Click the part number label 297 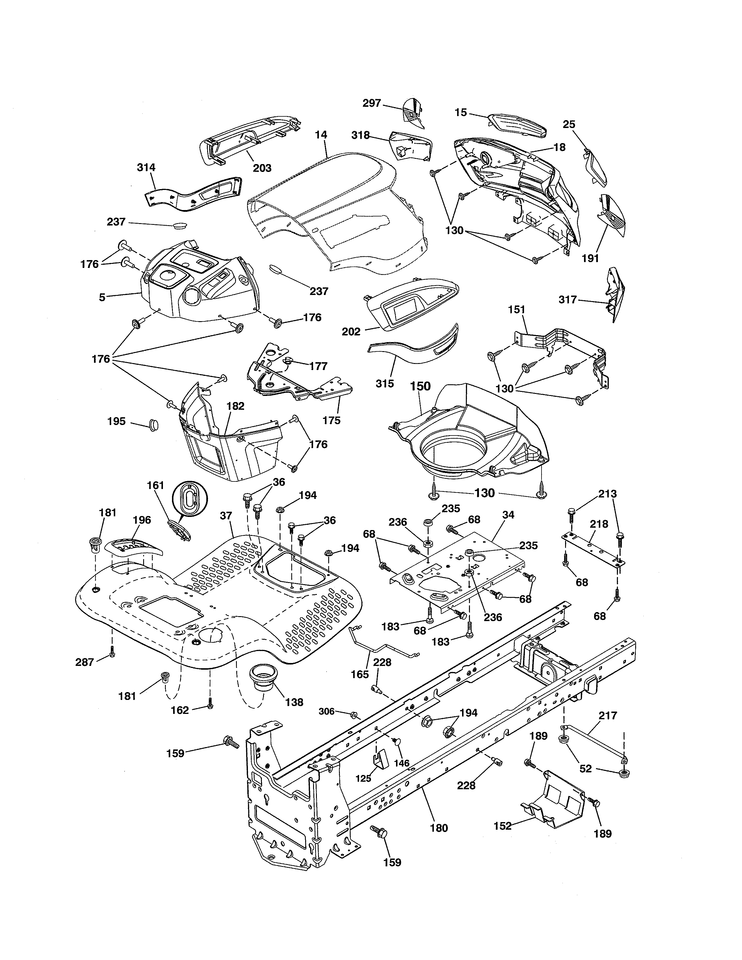tap(372, 103)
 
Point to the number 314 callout tap(146, 168)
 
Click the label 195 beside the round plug tap(116, 421)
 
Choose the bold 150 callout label tap(420, 386)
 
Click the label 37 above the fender tap(226, 515)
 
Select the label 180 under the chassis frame tap(439, 828)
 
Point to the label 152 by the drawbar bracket tap(503, 826)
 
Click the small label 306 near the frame tap(326, 711)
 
